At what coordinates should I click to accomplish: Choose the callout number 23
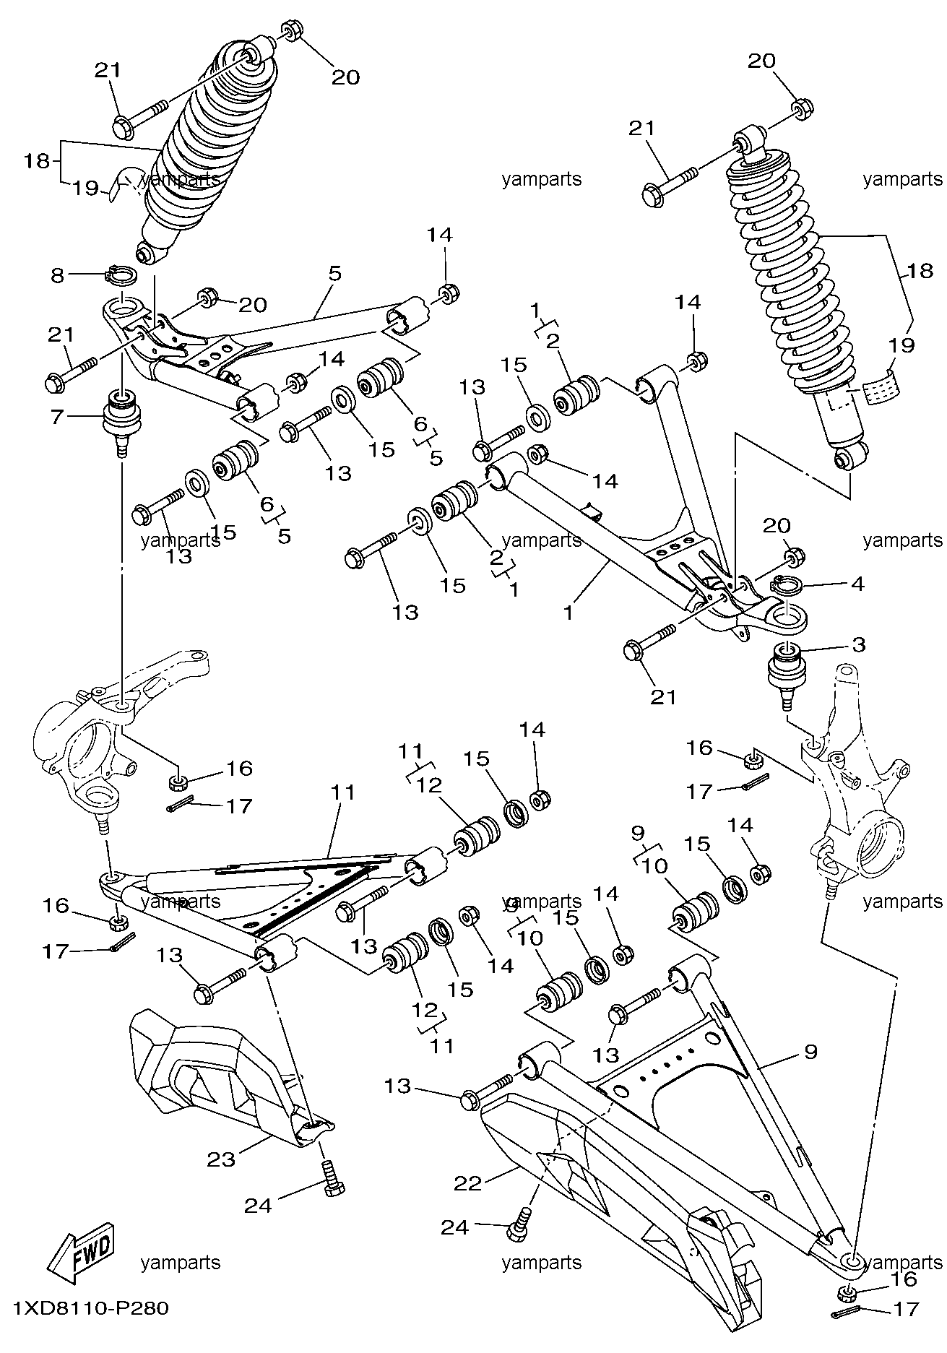click(x=222, y=1159)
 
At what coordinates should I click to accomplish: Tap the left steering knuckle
click(x=123, y=737)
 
